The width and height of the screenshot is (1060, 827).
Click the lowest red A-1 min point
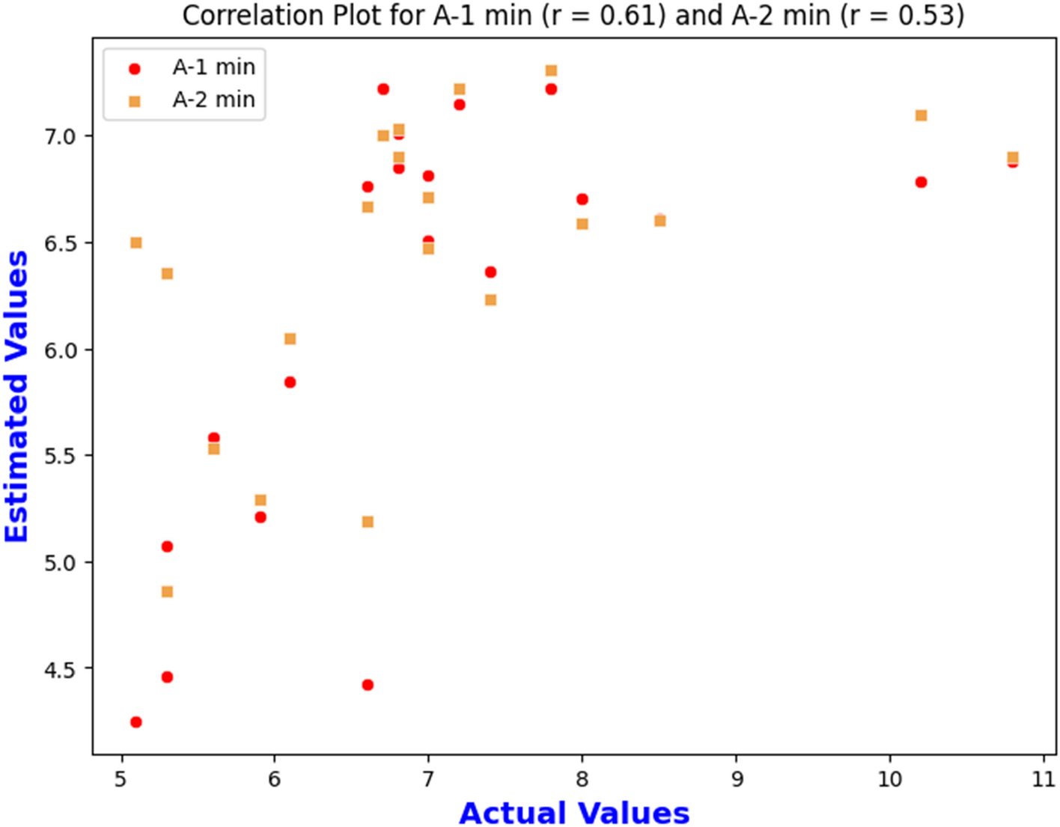tap(135, 722)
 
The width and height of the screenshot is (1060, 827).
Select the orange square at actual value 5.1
tap(135, 242)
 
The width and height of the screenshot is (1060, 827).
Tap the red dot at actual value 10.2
tap(921, 182)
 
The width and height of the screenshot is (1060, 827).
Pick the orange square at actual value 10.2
tap(921, 115)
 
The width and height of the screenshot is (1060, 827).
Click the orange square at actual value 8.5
tap(660, 221)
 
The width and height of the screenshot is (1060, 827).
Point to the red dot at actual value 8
tap(582, 199)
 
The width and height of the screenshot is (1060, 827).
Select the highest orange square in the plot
tap(551, 70)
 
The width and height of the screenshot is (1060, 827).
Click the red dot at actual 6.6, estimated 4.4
tap(368, 685)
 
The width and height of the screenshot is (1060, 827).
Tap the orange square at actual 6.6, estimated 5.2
tap(368, 522)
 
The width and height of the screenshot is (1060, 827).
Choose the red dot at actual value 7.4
tap(490, 272)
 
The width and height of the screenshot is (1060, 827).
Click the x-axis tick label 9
tap(737, 779)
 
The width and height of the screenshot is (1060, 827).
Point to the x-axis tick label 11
tap(1043, 779)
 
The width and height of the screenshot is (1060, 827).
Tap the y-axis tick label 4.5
tap(60, 669)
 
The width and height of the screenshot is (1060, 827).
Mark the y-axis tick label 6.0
tap(60, 350)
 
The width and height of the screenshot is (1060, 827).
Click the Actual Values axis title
tap(574, 813)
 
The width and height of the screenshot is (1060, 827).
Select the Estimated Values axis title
tap(16, 397)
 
